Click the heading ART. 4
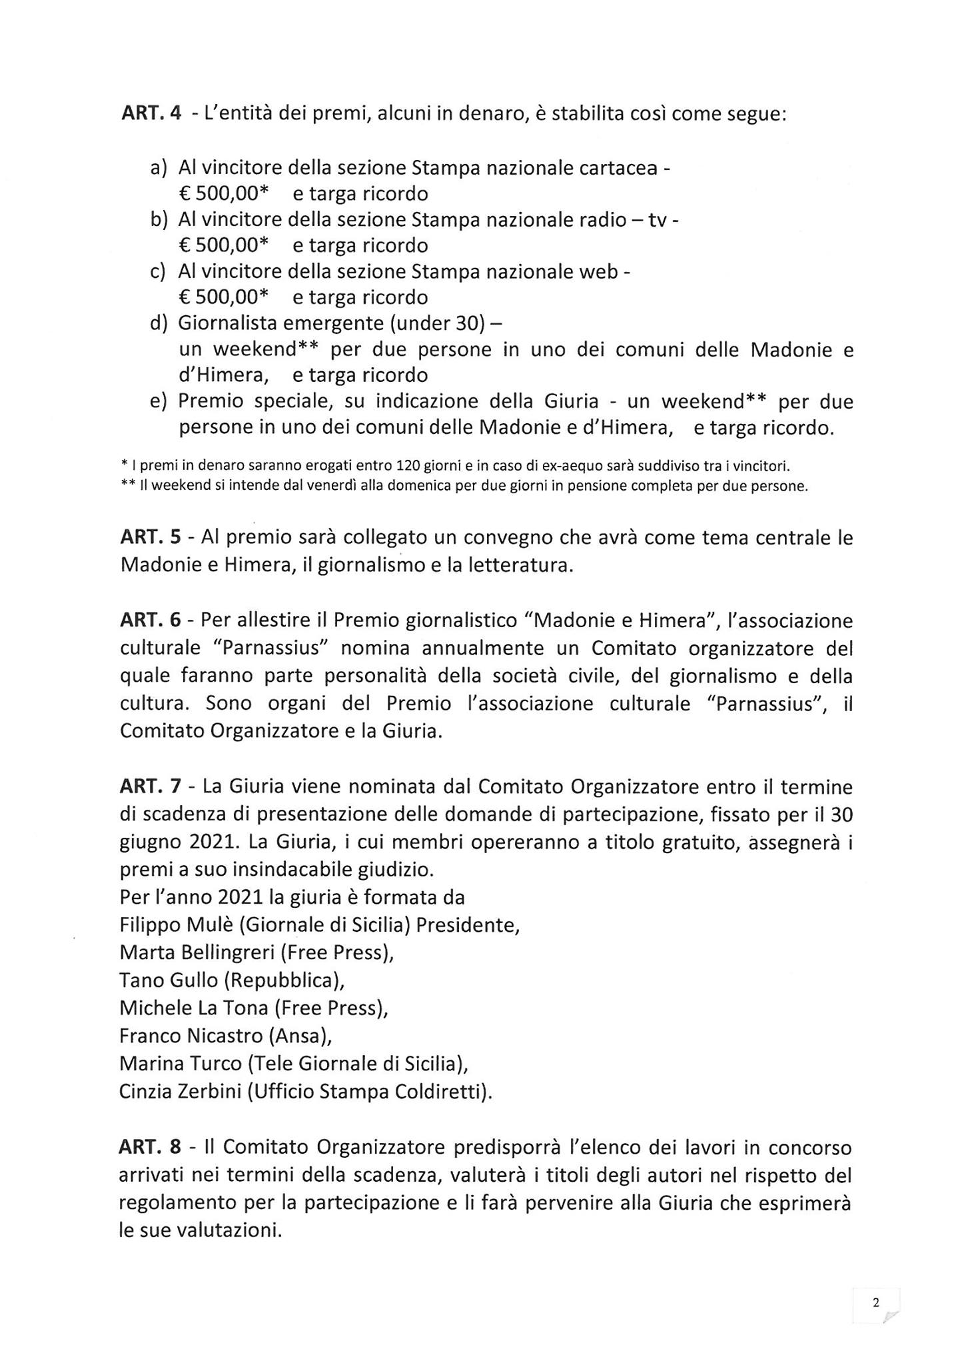click(151, 114)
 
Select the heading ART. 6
click(150, 621)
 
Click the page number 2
click(876, 1302)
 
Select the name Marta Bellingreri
click(197, 952)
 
